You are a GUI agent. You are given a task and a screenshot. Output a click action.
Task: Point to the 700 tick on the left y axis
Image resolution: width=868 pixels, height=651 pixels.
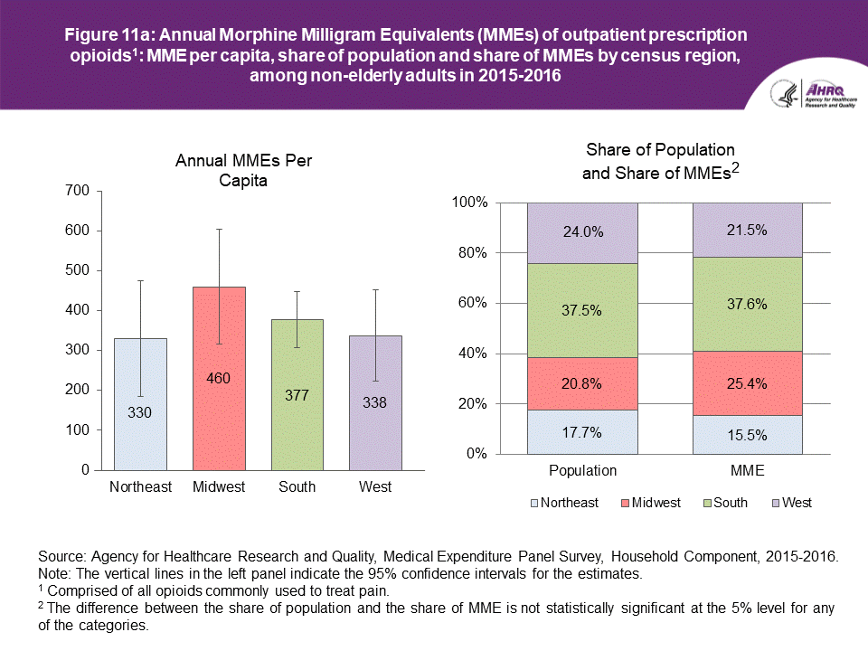click(78, 191)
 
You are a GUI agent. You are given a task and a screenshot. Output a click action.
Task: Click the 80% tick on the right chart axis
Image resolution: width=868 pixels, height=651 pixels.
click(472, 253)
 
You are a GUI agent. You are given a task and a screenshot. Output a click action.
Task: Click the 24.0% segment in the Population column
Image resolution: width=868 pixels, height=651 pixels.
click(582, 232)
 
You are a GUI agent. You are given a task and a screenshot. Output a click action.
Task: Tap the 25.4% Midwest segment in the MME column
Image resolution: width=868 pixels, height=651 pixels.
click(748, 382)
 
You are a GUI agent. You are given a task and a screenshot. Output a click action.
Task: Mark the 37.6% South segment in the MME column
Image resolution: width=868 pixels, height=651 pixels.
click(748, 304)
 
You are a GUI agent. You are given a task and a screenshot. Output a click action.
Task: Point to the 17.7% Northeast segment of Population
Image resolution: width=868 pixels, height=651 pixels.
click(582, 431)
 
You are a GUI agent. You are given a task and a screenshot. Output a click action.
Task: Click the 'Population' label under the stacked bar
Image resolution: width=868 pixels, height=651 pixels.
click(582, 471)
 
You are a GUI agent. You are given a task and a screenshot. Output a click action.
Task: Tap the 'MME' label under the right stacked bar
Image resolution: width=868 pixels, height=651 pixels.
click(748, 471)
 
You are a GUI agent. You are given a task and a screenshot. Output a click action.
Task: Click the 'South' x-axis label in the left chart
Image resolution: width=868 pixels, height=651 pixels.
click(297, 487)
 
